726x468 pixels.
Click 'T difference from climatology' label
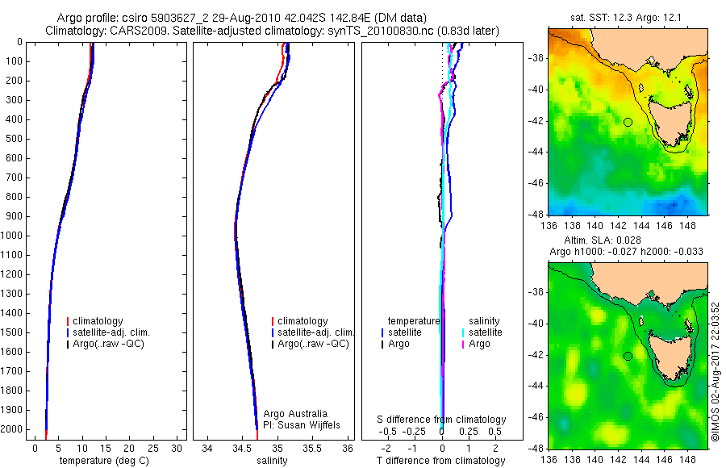(442, 461)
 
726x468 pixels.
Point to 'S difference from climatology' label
(442, 420)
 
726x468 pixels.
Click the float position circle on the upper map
(628, 122)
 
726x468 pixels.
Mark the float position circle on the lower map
(628, 355)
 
